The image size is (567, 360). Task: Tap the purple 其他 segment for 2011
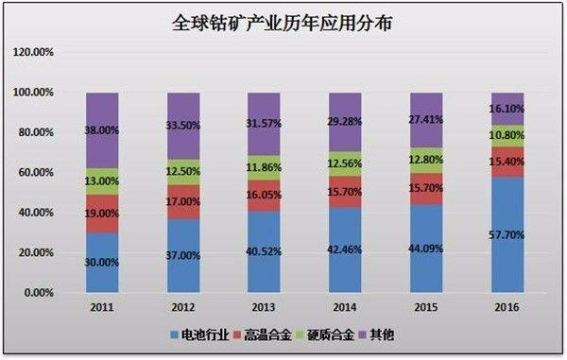[x=102, y=130]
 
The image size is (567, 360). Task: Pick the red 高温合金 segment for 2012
[x=183, y=202]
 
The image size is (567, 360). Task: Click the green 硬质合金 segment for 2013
[x=265, y=168]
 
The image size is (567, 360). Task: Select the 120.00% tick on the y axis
[x=34, y=52]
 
